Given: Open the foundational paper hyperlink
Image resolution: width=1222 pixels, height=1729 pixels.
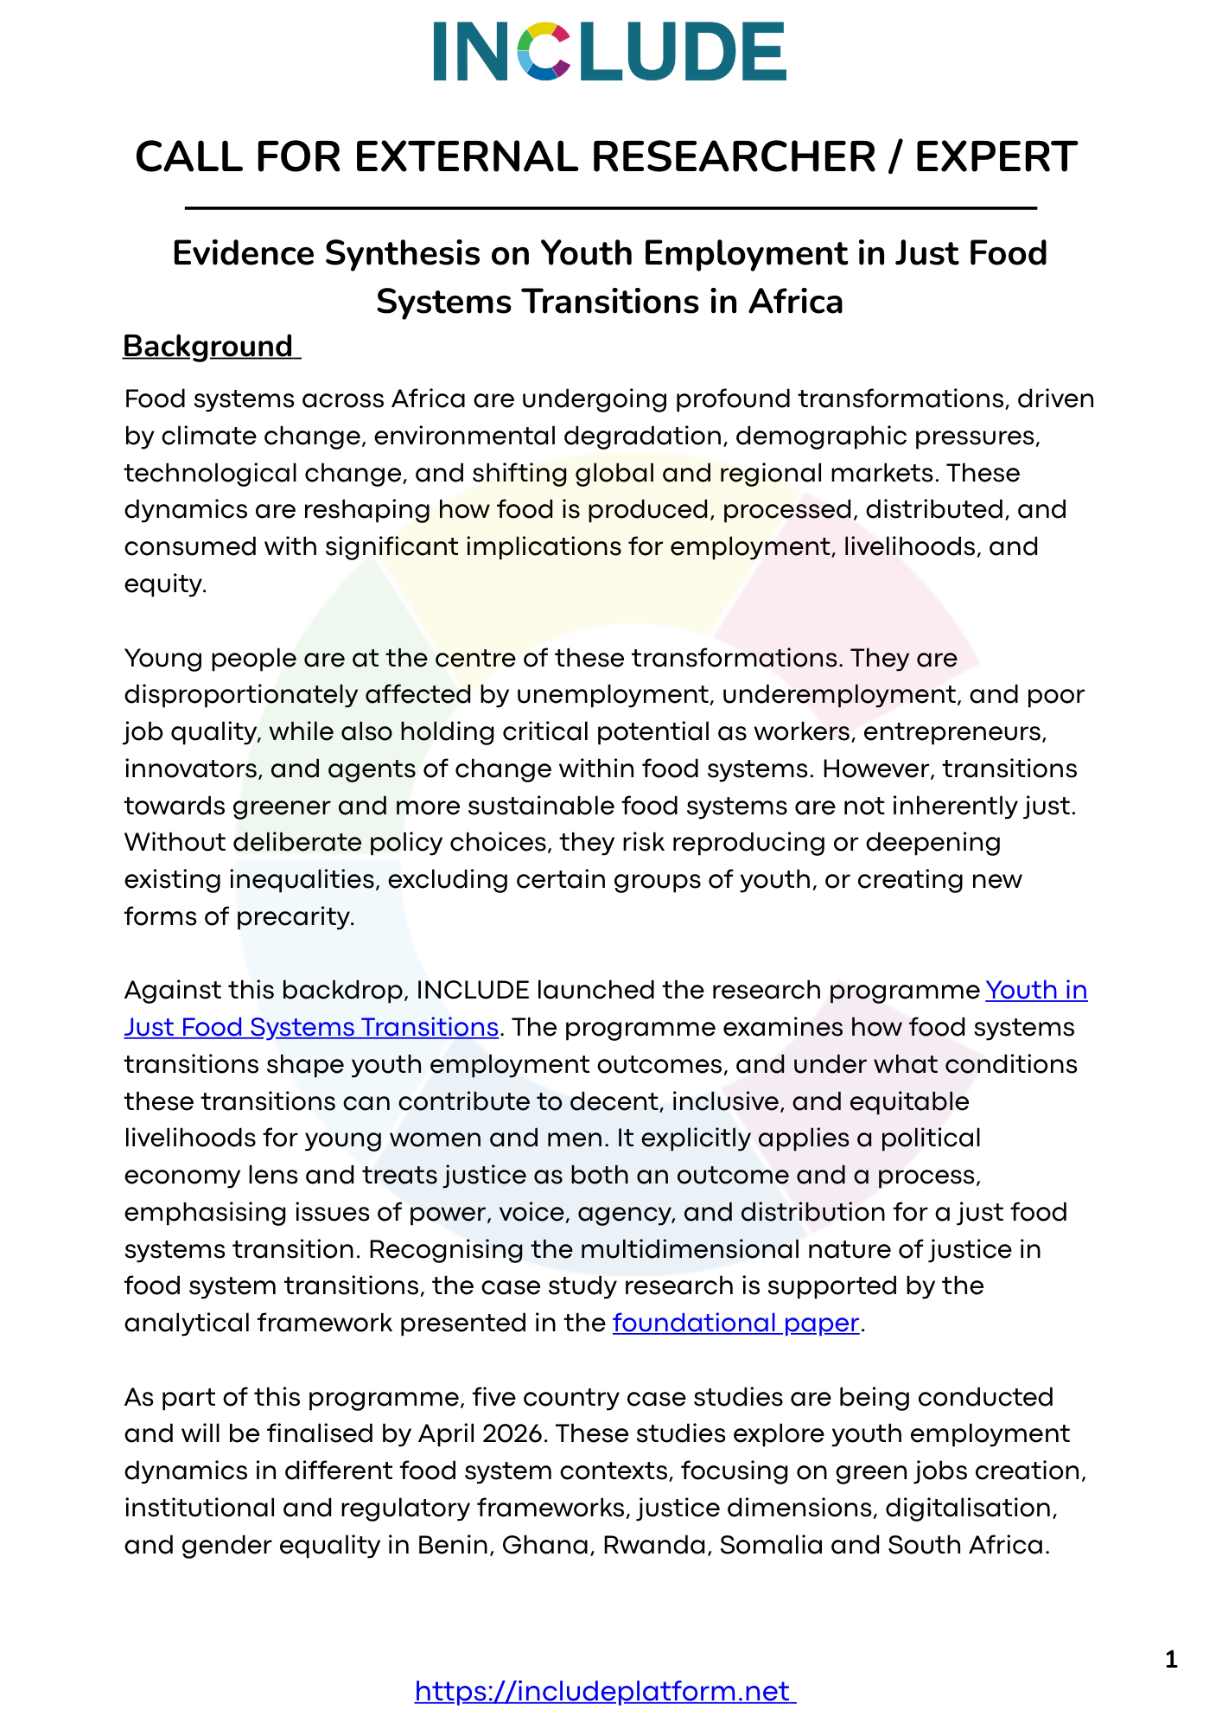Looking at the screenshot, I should coord(735,1323).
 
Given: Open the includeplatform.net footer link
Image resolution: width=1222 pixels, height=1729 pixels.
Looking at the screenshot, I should coord(604,1691).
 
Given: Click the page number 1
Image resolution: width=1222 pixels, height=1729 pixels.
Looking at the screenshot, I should coord(1171,1659).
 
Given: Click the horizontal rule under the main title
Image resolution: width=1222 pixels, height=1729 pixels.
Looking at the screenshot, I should coord(610,208).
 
